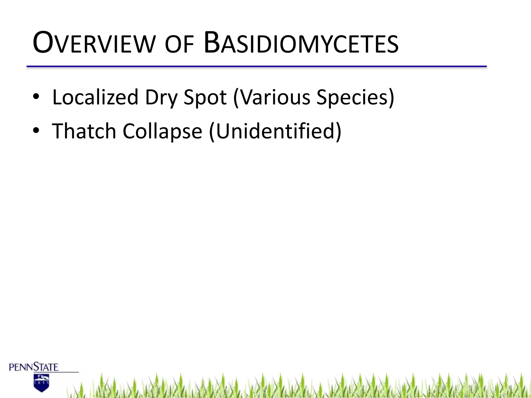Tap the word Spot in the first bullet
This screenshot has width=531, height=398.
click(205, 98)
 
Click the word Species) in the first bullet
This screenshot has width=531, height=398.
click(355, 98)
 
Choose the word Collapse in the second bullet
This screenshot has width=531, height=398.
click(162, 132)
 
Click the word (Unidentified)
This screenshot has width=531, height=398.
click(275, 132)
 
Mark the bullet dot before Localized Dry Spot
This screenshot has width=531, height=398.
click(36, 97)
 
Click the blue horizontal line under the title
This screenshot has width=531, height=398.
click(257, 67)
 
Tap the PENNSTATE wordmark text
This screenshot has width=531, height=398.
click(34, 367)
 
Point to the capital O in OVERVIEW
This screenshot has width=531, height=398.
click(43, 43)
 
